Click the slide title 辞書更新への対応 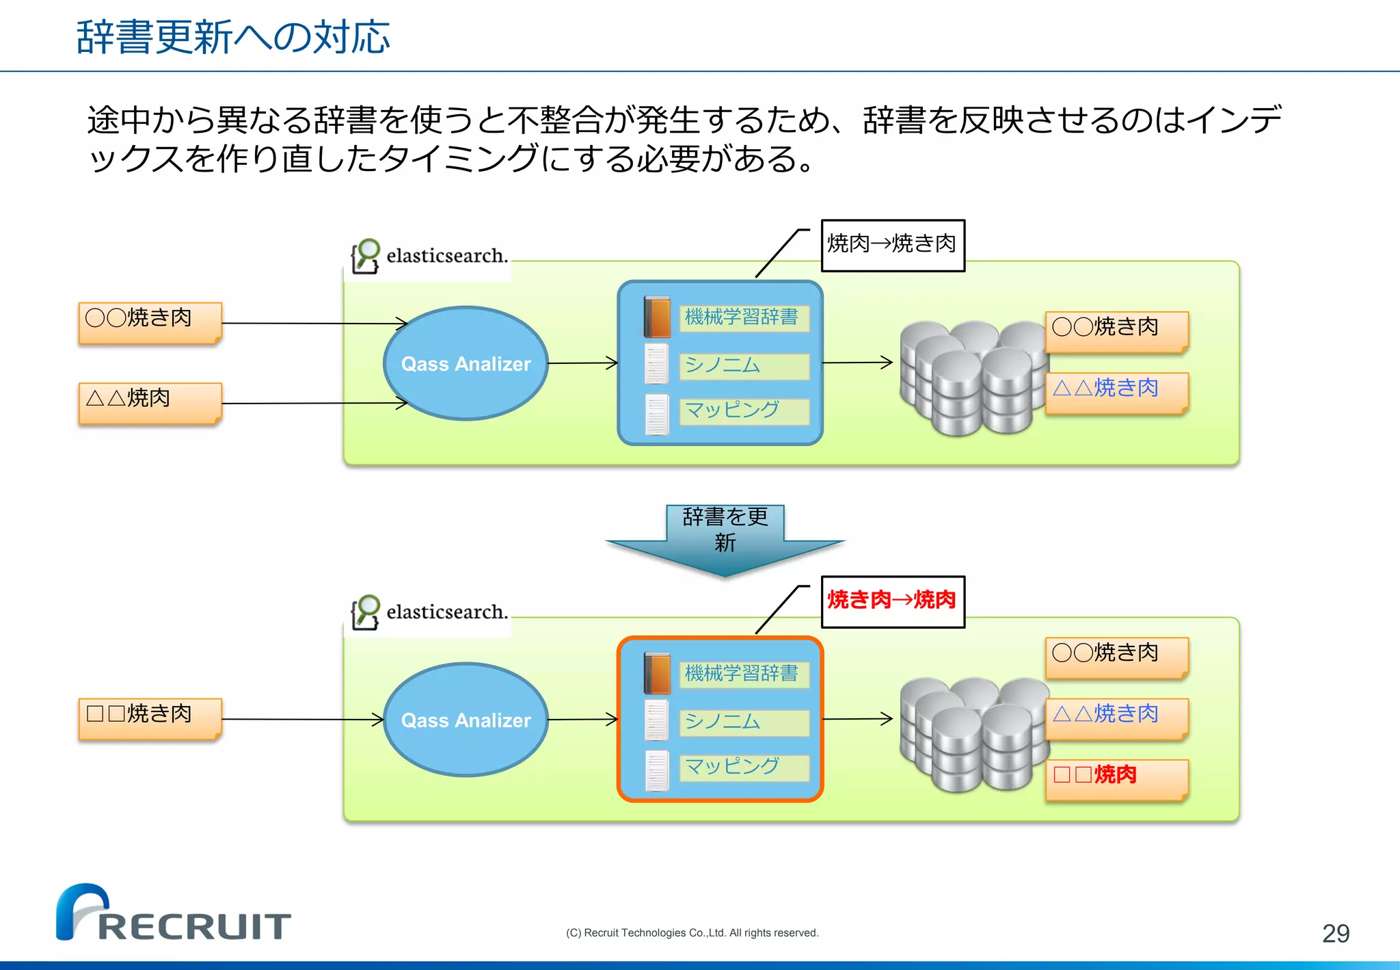tap(233, 37)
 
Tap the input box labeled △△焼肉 tap(150, 402)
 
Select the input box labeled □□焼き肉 tap(150, 718)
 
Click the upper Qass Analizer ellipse tap(466, 363)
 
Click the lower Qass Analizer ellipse tap(466, 720)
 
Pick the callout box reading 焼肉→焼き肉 tap(892, 245)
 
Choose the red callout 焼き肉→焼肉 tap(892, 601)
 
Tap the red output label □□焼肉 tap(1116, 778)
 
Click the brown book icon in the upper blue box tap(657, 317)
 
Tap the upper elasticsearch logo tap(429, 257)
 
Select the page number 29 tap(1335, 934)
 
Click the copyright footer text tap(692, 933)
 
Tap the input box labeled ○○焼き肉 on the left tap(150, 322)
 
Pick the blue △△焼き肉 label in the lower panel tap(1116, 718)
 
